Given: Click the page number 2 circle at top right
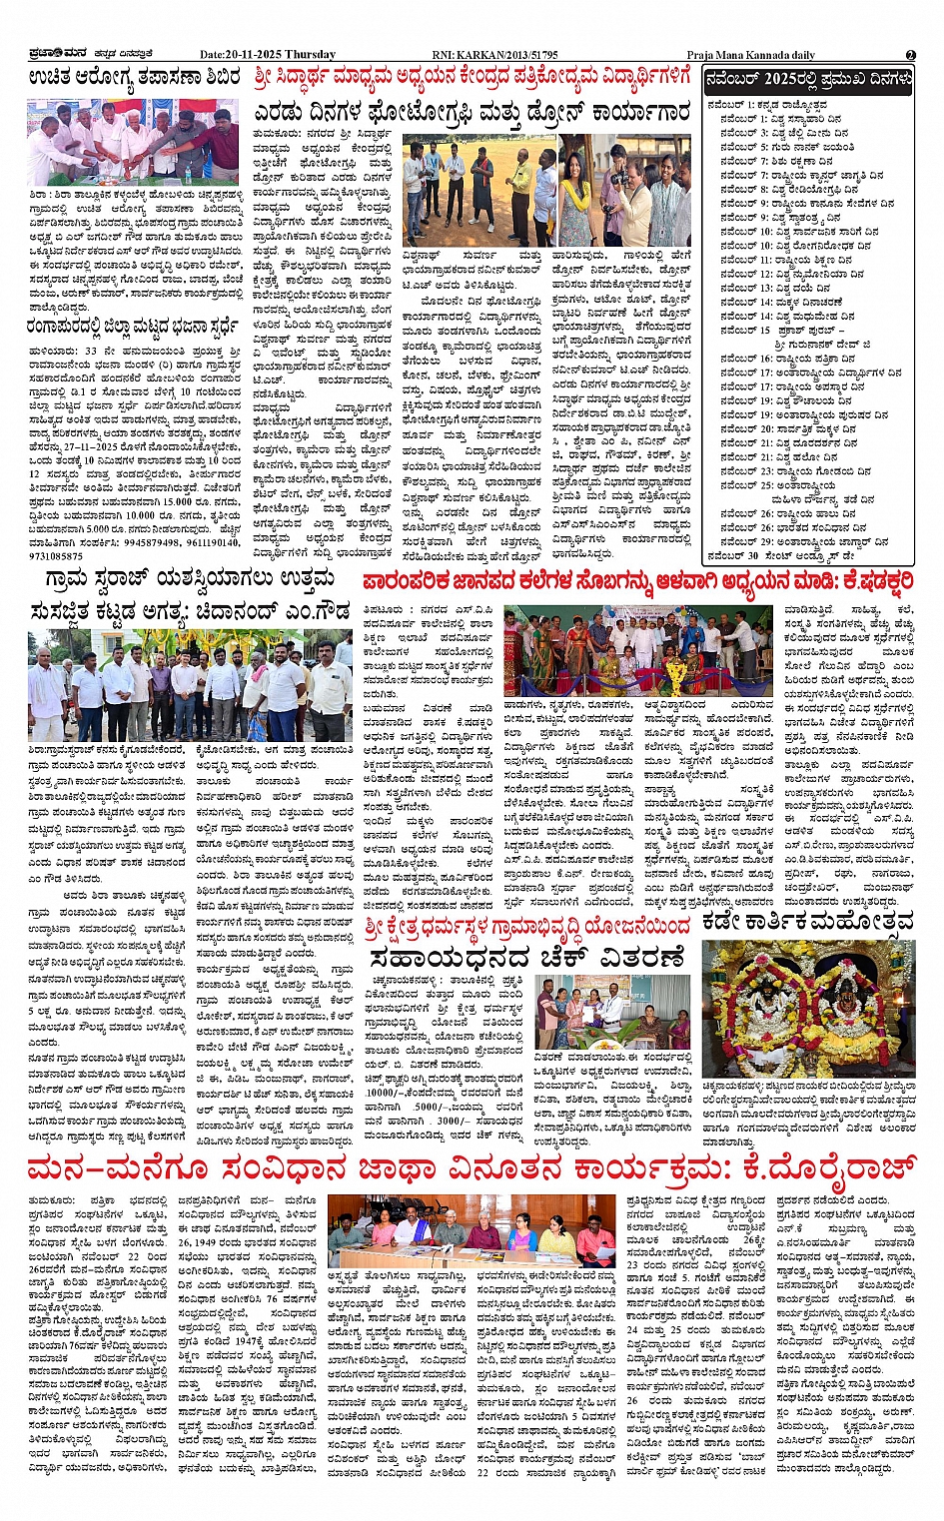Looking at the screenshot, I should point(910,55).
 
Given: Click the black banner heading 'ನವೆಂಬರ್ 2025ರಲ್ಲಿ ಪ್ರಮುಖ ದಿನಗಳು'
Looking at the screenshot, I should point(808,78).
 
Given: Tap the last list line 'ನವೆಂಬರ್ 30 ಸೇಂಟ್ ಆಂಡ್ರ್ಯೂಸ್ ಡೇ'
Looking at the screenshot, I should point(773,555).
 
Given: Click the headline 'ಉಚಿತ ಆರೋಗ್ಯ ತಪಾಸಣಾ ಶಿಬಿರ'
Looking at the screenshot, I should point(134,78).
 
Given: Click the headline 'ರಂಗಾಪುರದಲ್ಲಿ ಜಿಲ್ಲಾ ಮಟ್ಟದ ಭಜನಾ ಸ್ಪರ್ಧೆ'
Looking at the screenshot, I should point(134,326).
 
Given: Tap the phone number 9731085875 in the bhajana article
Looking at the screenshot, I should point(57,555).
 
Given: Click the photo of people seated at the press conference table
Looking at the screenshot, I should point(472,1228).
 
